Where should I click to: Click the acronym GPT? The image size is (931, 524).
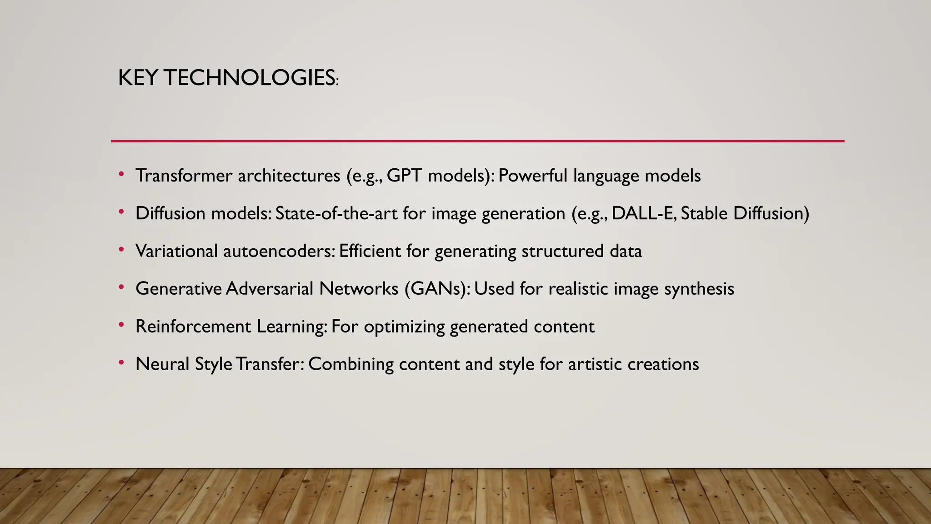coord(404,176)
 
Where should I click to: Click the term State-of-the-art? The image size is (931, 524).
coord(336,213)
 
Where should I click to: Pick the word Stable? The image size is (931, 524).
coord(704,213)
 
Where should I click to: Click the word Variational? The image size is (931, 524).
coord(176,251)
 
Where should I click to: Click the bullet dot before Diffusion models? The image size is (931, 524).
coord(121,212)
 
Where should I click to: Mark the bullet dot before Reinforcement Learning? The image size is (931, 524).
coord(121,325)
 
